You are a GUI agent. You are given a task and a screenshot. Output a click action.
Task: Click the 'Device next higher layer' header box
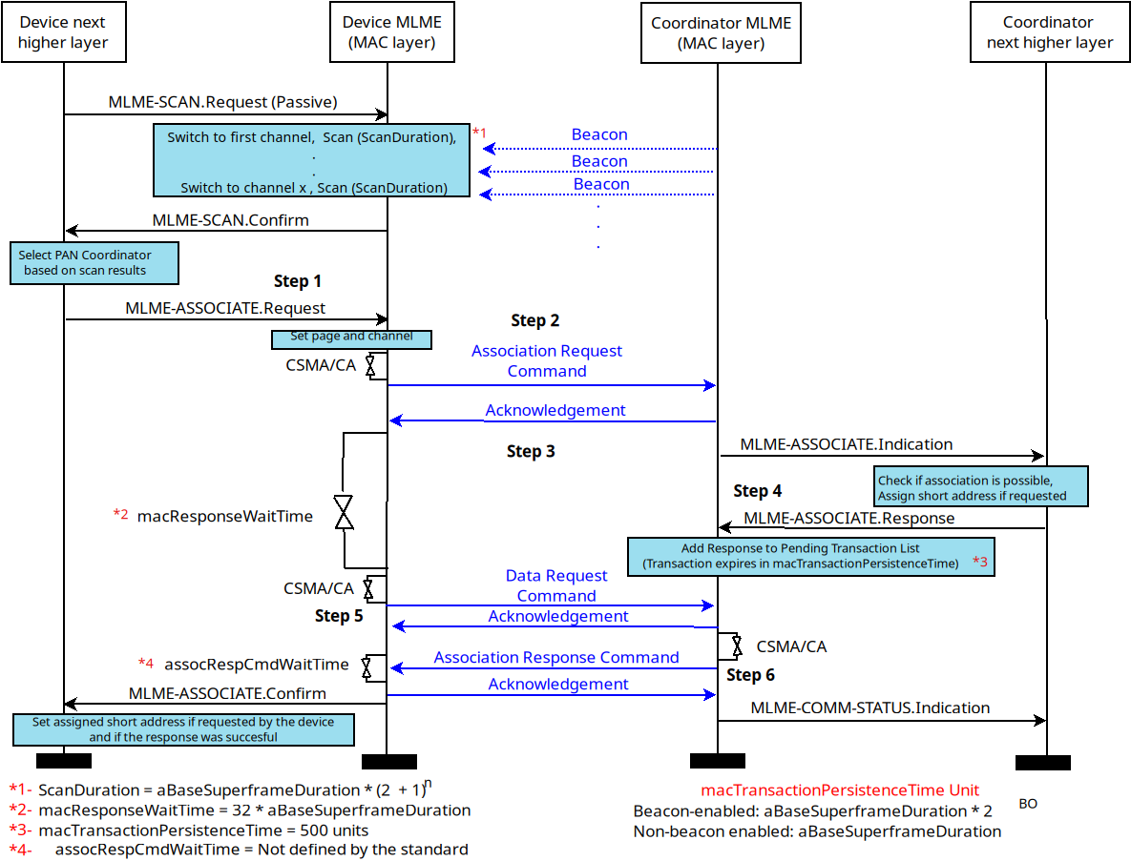(64, 32)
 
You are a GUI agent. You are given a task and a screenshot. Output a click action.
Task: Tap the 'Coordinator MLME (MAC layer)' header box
(721, 33)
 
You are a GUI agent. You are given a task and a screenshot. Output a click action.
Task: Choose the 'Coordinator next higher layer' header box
(1049, 32)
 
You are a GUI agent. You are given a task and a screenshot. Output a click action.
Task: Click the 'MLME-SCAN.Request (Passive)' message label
(222, 101)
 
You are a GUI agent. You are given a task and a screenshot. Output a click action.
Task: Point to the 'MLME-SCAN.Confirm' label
(230, 220)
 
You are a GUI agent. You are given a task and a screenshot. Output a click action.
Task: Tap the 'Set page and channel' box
(351, 337)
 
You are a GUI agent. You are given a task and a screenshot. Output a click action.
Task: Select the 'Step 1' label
(297, 281)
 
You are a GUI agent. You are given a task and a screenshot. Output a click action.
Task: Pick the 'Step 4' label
(757, 491)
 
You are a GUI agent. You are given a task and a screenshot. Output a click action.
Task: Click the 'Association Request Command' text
(546, 360)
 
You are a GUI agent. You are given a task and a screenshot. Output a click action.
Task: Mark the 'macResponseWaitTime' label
(224, 516)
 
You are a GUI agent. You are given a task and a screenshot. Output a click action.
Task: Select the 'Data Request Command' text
(555, 585)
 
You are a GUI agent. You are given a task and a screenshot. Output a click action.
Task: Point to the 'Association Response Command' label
(555, 657)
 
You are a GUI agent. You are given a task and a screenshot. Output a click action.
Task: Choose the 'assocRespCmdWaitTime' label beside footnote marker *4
(256, 664)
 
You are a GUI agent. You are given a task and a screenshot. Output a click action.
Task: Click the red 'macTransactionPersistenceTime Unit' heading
(839, 790)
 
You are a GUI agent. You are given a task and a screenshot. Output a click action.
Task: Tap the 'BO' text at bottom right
(1027, 804)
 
